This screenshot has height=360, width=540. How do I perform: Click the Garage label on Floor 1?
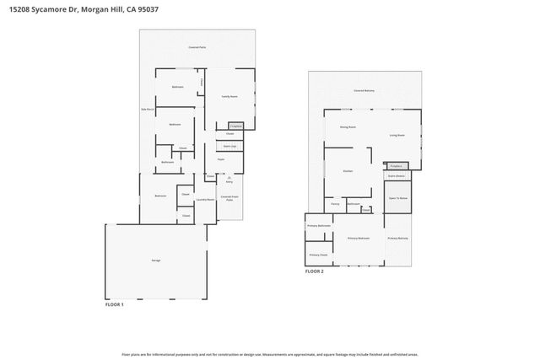point(156,261)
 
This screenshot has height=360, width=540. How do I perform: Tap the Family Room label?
point(229,97)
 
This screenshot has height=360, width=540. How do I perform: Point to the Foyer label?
point(220,159)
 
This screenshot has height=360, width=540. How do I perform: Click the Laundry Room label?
point(205,200)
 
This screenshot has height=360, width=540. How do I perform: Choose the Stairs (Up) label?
point(229,145)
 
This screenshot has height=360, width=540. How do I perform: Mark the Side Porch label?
point(146,110)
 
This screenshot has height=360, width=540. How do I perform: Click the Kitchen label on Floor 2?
point(347,171)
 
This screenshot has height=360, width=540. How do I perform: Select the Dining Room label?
point(348,127)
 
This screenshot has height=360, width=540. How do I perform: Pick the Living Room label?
point(397,135)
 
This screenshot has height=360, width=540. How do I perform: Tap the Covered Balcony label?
point(364,89)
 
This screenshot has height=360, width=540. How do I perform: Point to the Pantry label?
point(335,204)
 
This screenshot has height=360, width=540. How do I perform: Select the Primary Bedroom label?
point(359,239)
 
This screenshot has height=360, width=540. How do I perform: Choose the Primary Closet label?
point(318,255)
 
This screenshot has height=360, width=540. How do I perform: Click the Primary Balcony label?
point(398,239)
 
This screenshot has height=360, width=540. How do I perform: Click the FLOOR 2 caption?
point(315,271)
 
